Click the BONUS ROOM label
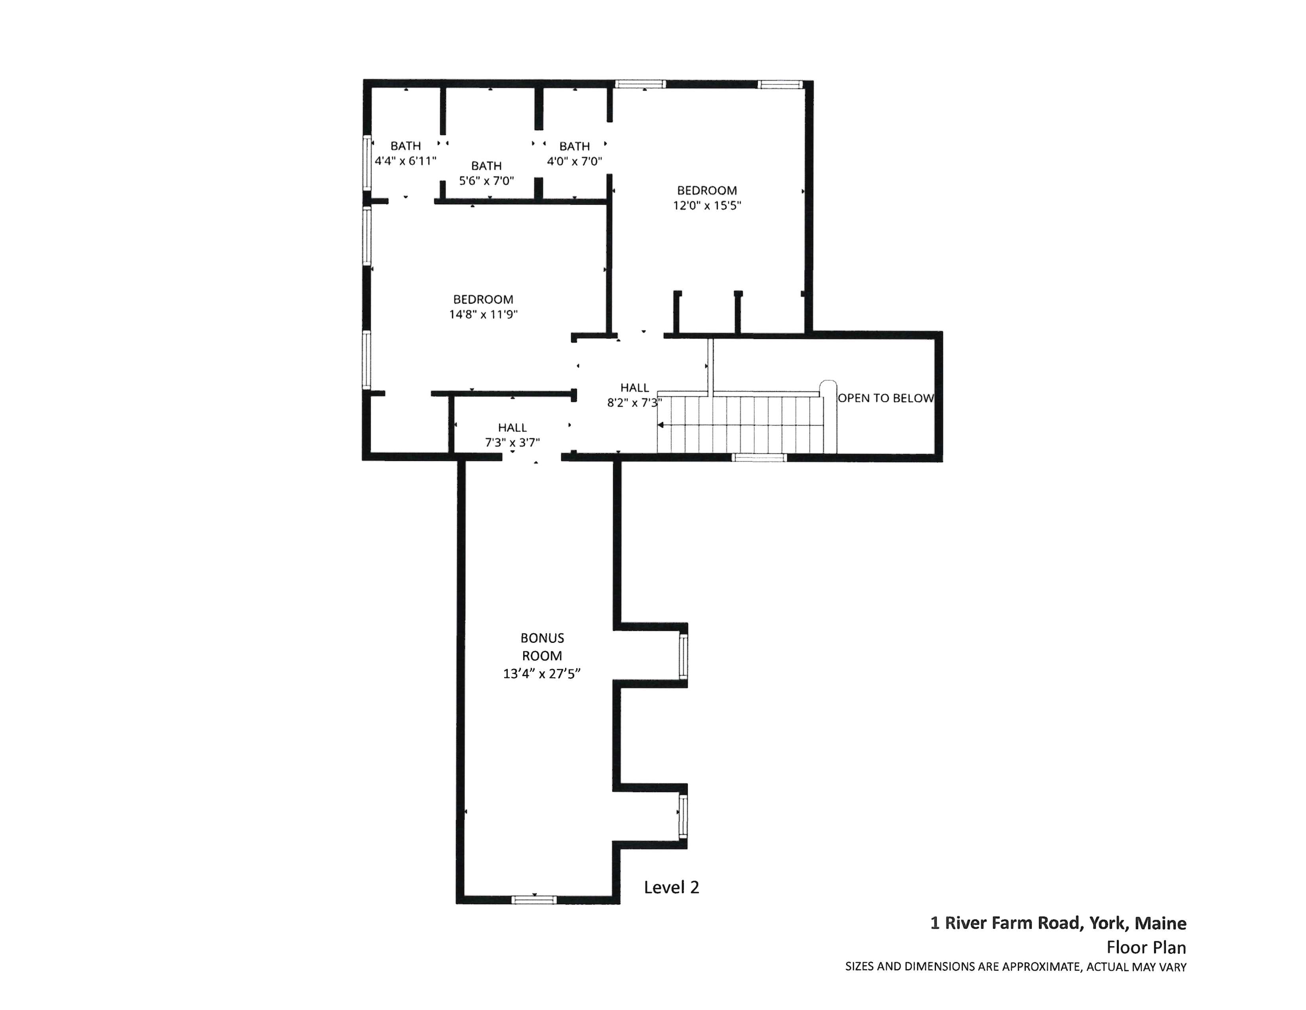coord(542,646)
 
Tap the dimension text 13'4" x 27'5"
coord(542,674)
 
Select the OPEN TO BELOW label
coord(886,398)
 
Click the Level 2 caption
coord(671,887)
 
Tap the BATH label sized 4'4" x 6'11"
coord(405,146)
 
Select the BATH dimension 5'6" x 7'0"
coord(486,181)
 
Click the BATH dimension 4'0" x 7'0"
coord(574,161)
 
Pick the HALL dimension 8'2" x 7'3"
coord(634,403)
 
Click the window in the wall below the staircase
coord(759,458)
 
